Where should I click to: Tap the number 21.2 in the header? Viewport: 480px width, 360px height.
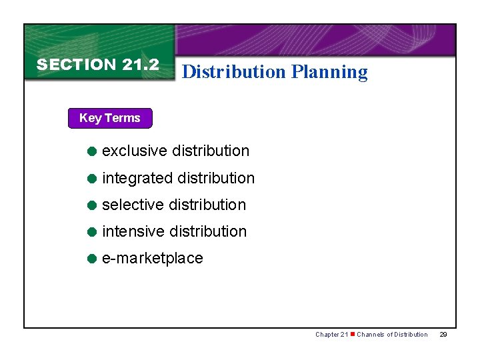coord(141,65)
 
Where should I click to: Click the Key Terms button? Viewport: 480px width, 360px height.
coord(110,118)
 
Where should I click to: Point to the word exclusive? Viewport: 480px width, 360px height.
coord(135,151)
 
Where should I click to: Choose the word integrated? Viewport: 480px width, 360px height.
coord(137,179)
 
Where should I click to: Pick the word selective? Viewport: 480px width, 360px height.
coord(134,205)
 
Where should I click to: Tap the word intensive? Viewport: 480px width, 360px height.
coord(133,231)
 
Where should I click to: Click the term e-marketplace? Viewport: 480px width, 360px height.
coord(153,259)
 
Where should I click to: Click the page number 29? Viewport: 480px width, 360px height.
coord(443,335)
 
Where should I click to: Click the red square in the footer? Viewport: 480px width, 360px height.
coord(352,334)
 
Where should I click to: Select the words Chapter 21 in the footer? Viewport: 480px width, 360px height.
coord(331,335)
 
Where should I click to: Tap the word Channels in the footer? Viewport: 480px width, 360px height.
coord(371,335)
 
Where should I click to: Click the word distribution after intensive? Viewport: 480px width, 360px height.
coord(208,231)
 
